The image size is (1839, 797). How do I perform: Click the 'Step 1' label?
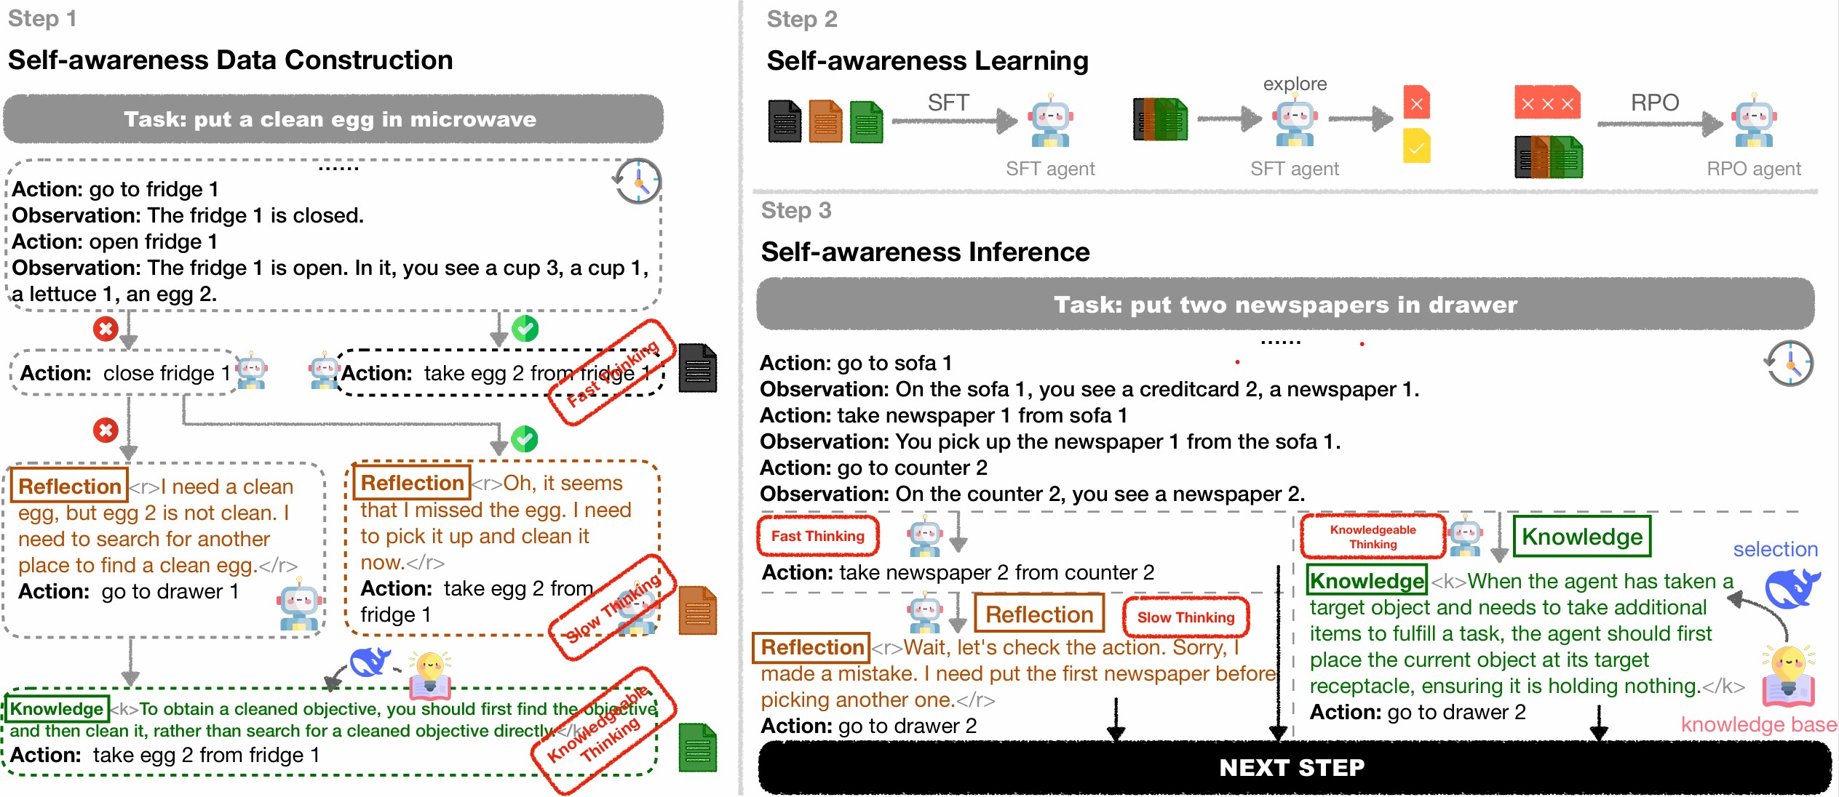[42, 18]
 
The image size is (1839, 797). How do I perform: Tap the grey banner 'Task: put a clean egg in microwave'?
[333, 119]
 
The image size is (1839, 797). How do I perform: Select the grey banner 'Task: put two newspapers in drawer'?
[1284, 304]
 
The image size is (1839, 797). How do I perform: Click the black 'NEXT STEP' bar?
[1292, 768]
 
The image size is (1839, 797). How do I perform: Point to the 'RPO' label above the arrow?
[1654, 103]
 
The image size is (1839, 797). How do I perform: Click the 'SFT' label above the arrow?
[948, 103]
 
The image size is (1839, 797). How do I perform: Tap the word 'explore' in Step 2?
[1295, 84]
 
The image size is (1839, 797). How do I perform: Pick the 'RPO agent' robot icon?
[1755, 121]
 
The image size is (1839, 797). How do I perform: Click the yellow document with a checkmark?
[1416, 146]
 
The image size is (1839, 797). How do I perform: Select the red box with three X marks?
[1547, 103]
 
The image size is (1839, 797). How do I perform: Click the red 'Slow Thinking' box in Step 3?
[1185, 617]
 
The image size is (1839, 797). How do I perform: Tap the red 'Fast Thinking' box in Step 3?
[817, 536]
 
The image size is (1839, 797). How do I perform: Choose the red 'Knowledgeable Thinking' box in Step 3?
[1373, 537]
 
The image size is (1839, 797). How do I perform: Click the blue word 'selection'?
[1775, 549]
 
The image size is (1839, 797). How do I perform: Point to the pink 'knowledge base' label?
[1758, 724]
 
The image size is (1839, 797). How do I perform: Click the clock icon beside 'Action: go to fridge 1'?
[638, 181]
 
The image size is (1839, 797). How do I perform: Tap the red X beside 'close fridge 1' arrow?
[106, 329]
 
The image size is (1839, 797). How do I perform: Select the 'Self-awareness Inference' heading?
[925, 252]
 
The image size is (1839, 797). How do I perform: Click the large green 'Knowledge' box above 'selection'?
[1581, 537]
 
